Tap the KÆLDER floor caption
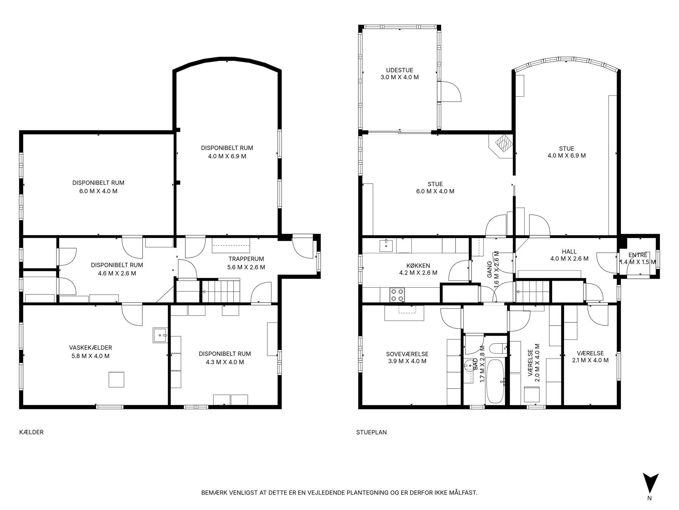pos(31,432)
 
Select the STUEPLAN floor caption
pos(371,432)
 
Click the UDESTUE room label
pos(399,70)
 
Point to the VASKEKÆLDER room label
pos(90,348)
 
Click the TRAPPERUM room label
pos(246,259)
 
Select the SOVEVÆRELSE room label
pos(407,354)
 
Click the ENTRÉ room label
pos(638,255)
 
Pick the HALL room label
pos(569,252)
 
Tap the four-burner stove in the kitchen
pos(397,295)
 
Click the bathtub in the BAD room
pos(495,381)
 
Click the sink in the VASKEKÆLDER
pos(160,335)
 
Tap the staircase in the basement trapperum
pos(221,292)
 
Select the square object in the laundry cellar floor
pos(116,379)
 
